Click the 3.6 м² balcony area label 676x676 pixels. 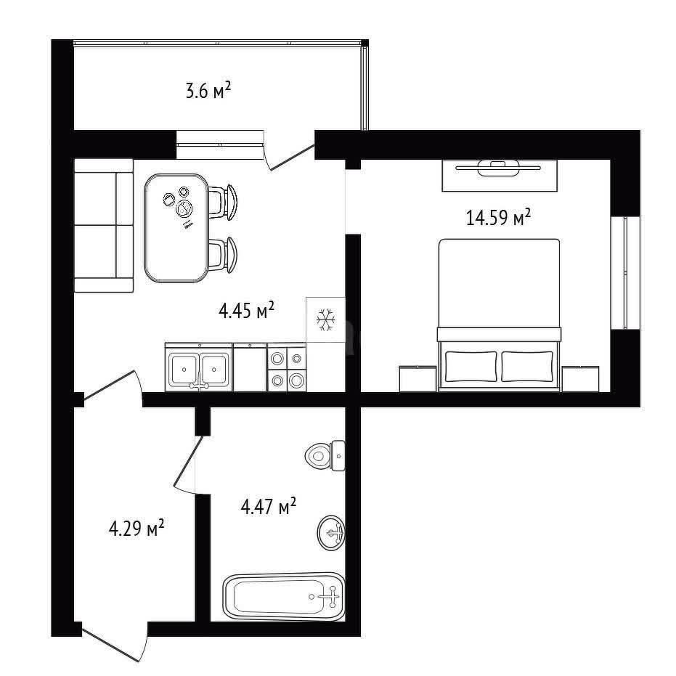point(208,91)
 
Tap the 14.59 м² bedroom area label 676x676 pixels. point(498,217)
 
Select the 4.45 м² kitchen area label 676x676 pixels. point(247,310)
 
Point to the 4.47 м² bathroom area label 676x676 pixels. point(268,506)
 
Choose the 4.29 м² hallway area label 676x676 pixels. point(137,528)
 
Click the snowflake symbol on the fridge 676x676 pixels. point(325,319)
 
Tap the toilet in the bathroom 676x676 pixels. point(325,455)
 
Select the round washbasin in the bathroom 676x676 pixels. point(331,532)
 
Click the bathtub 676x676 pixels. point(284,597)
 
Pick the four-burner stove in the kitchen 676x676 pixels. point(287,367)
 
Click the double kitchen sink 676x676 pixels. point(199,367)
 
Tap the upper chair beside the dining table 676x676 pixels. point(224,202)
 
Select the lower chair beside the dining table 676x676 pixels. point(224,255)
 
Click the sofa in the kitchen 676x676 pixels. point(103,226)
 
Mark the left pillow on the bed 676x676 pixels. point(471,367)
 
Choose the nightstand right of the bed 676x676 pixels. point(580,379)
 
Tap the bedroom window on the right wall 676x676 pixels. point(625,273)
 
